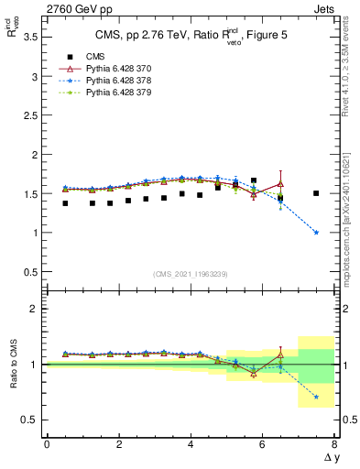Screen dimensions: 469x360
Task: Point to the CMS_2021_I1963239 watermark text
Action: point(190,273)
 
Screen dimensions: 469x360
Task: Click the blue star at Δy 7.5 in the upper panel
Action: point(316,233)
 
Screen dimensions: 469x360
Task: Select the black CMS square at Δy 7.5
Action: point(316,193)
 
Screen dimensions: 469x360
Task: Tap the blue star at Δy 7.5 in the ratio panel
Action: point(316,397)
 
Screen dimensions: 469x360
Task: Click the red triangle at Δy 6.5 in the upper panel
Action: point(280,183)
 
